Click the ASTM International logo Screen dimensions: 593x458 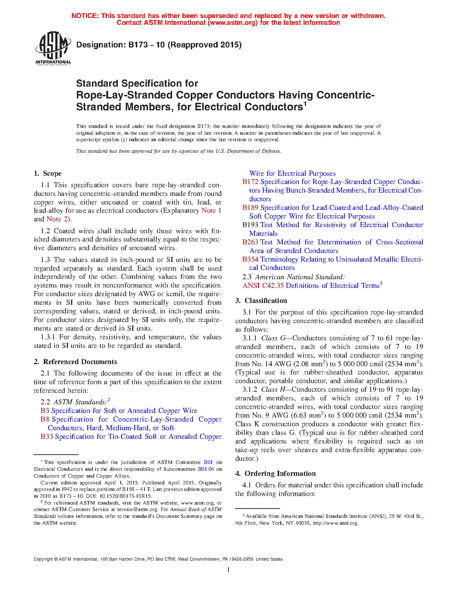[x=53, y=48]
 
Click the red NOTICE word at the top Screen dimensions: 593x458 [x=85, y=16]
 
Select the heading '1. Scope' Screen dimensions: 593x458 [x=48, y=173]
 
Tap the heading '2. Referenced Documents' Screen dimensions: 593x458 [x=75, y=362]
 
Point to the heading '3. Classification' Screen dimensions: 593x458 [x=261, y=300]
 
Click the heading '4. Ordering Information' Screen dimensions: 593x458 [x=276, y=473]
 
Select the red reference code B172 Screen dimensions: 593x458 [x=250, y=182]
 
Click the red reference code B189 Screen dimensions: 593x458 [x=250, y=208]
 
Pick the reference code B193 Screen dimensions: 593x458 [x=250, y=225]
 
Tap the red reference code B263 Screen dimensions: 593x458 [x=250, y=242]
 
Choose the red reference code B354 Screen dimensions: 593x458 [x=250, y=259]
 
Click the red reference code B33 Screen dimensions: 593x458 [x=47, y=437]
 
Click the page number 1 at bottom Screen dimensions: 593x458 [x=228, y=569]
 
